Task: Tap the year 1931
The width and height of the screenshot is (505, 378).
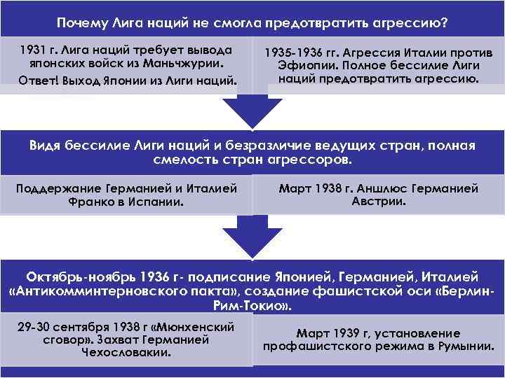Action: point(34,51)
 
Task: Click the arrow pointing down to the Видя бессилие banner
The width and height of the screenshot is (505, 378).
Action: point(252,108)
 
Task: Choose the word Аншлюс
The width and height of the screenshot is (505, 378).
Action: point(381,188)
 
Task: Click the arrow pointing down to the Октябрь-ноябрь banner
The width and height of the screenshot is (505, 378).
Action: point(252,238)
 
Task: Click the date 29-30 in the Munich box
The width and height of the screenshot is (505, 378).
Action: point(30,326)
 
